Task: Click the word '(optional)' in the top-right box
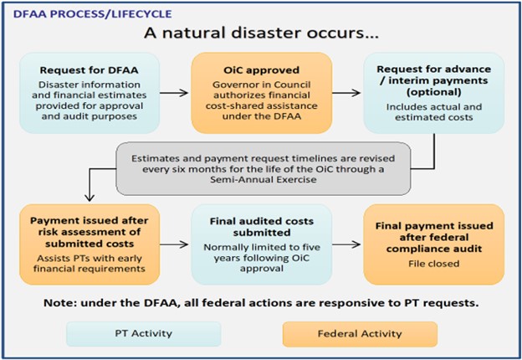[432, 93]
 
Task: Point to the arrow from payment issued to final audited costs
[171, 244]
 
